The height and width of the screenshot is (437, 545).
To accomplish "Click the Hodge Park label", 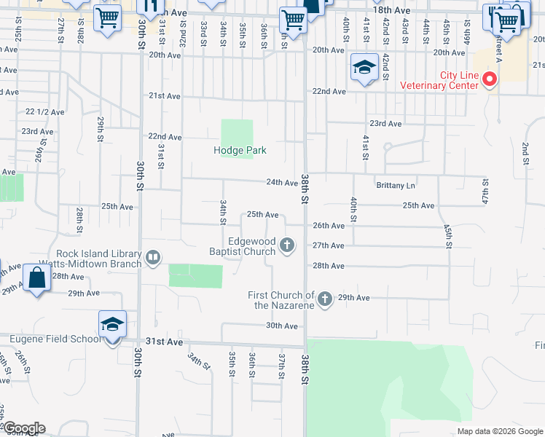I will click(x=240, y=150).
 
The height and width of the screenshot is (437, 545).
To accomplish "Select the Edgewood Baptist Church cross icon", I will click(x=288, y=245).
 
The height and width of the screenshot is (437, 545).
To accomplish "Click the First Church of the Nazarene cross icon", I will click(x=325, y=298).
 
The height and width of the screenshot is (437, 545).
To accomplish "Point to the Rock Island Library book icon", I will click(x=153, y=256).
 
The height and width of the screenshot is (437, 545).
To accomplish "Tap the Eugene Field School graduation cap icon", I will click(x=113, y=323).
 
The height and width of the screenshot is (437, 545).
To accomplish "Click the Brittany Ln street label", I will click(x=395, y=185).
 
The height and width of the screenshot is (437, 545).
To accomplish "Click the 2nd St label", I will click(x=525, y=154).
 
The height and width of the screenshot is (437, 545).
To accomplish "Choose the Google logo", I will click(x=23, y=428).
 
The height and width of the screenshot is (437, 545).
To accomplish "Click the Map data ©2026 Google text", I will click(x=499, y=431).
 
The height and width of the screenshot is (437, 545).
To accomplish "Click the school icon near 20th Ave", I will click(x=364, y=68).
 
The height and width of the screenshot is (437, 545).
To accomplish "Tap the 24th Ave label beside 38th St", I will click(x=281, y=183).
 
